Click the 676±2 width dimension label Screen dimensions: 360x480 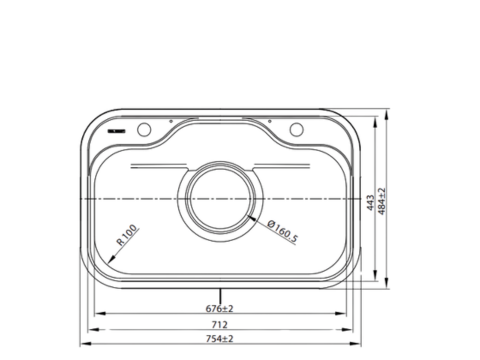click(x=219, y=307)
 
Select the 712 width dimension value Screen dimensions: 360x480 click(x=219, y=325)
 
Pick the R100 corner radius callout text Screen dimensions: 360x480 click(x=128, y=236)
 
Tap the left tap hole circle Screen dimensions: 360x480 click(x=144, y=130)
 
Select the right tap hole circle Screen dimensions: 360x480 click(x=296, y=130)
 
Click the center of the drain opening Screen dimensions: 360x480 click(x=220, y=199)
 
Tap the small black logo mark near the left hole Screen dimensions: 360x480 click(x=115, y=131)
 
